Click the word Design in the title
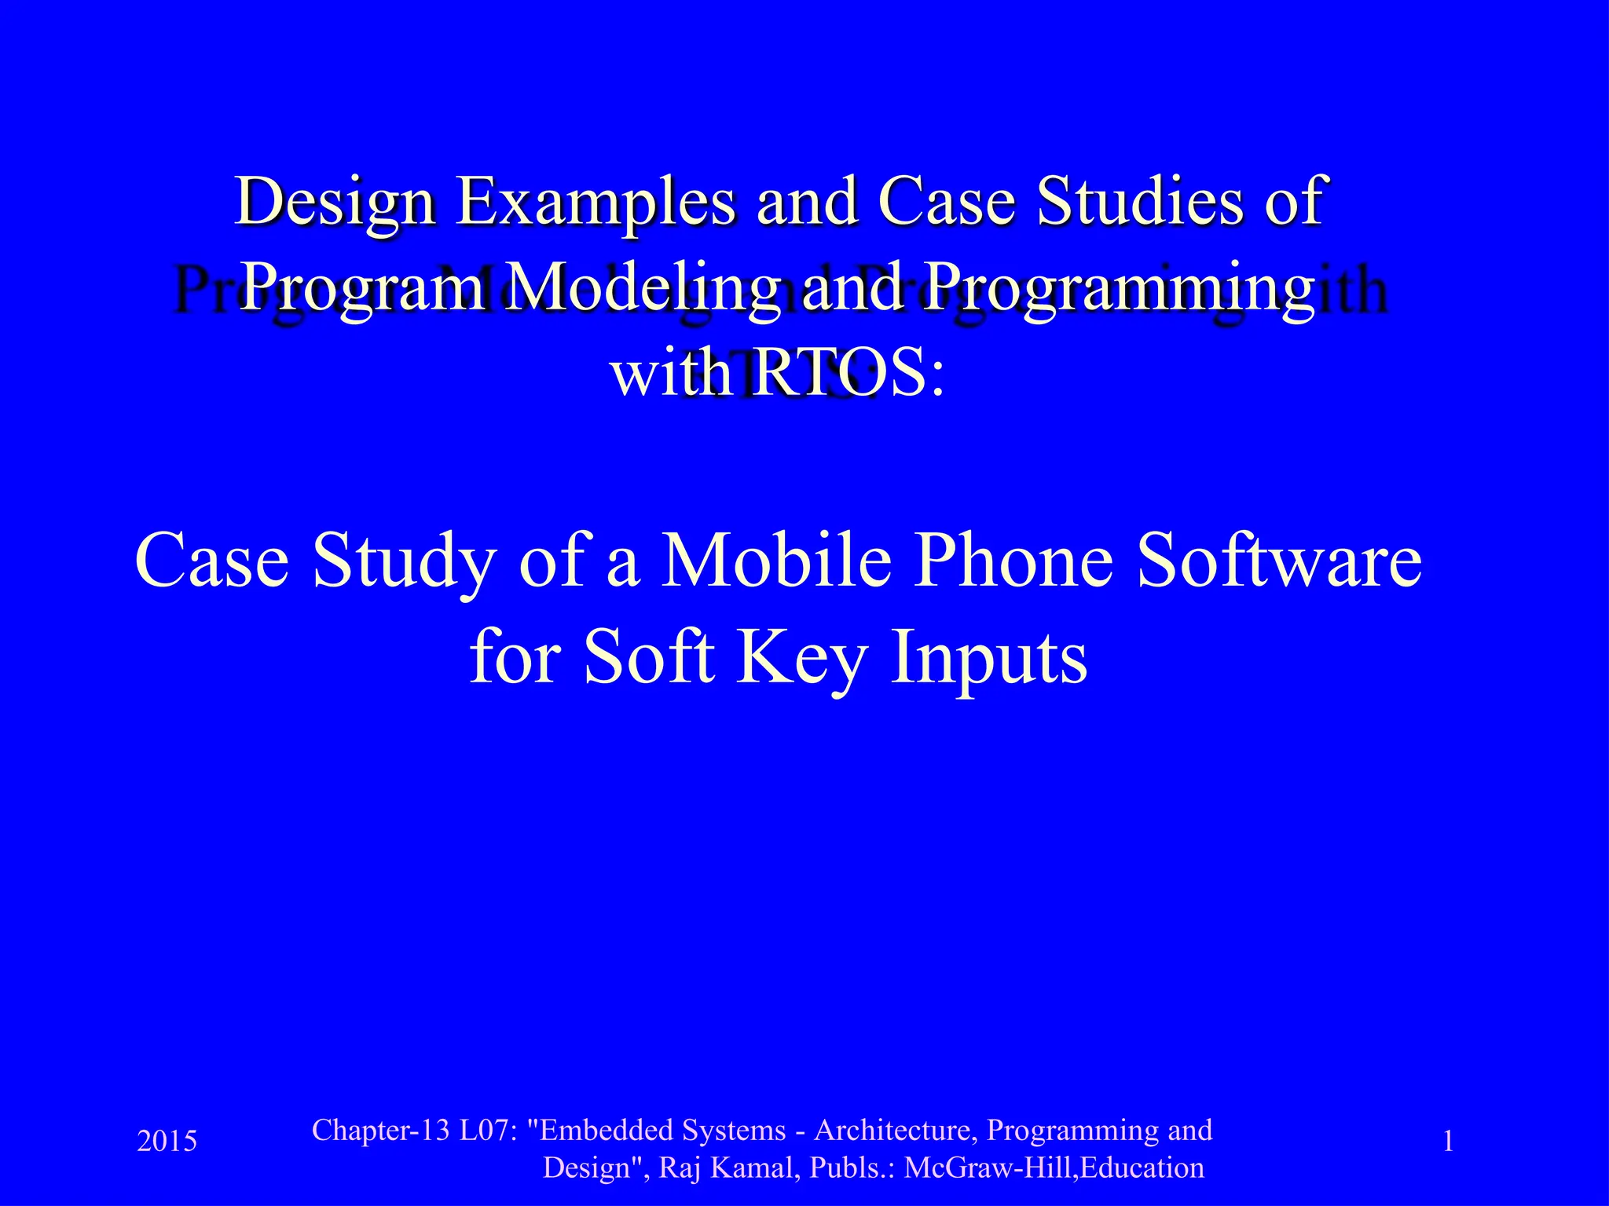(x=335, y=203)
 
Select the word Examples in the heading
(x=597, y=203)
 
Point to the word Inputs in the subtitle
(x=989, y=658)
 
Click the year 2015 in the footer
(x=167, y=1141)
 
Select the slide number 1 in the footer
(x=1448, y=1141)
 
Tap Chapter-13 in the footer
(x=380, y=1131)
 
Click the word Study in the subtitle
(x=404, y=562)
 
